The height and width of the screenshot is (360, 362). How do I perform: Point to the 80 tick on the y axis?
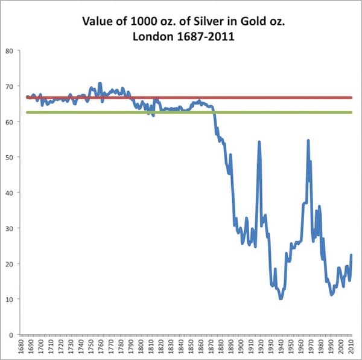[10, 51]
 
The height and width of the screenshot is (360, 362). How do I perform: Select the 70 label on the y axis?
[10, 86]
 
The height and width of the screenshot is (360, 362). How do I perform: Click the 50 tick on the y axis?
[10, 157]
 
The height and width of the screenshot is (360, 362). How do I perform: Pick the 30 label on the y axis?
[10, 228]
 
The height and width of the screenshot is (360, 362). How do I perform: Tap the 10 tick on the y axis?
[10, 299]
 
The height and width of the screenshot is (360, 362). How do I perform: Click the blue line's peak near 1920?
[259, 141]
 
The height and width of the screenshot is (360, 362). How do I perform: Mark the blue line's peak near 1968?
[308, 140]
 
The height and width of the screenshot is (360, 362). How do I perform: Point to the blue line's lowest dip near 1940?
[281, 298]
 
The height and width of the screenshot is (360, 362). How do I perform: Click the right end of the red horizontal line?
[352, 97]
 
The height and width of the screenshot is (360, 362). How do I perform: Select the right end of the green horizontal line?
[352, 112]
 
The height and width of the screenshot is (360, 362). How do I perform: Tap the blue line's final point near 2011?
[351, 255]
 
